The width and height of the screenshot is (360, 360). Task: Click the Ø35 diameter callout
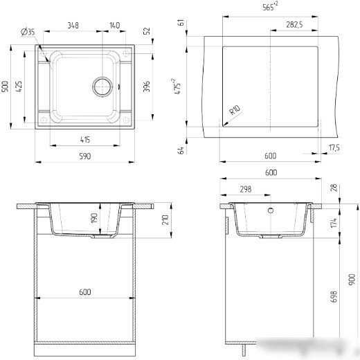point(28,31)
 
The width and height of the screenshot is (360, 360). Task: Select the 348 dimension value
point(73,25)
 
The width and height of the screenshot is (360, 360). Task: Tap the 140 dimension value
point(115,25)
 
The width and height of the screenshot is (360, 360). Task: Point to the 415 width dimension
point(85,140)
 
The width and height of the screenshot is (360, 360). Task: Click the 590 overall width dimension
point(85,156)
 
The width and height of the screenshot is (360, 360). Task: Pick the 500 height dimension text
point(5,87)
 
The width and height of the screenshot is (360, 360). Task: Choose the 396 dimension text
point(147,87)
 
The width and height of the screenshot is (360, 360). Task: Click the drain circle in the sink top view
point(102,87)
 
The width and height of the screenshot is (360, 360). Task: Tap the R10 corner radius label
point(235,110)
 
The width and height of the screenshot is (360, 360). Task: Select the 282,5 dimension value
point(294,24)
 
